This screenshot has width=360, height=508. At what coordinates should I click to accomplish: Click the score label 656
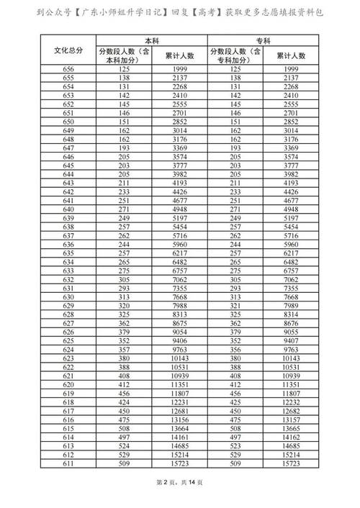click(x=68, y=68)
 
